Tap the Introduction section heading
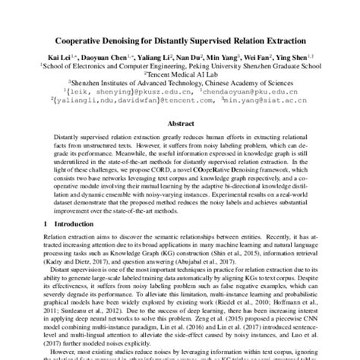68,225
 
